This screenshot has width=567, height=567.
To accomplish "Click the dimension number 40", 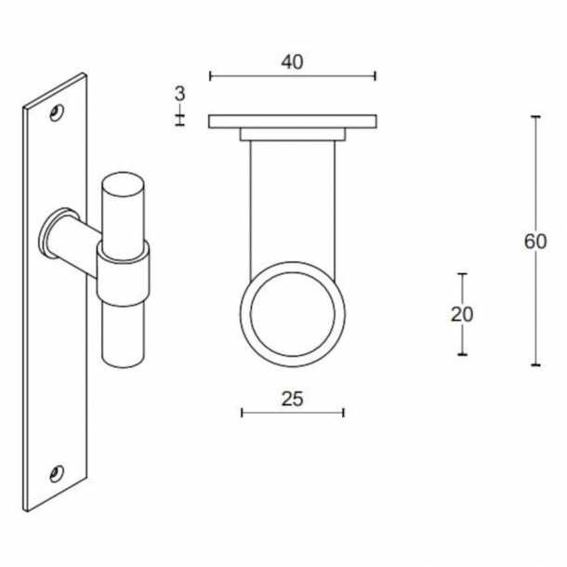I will tap(292, 61).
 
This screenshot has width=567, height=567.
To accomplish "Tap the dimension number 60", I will tap(534, 241).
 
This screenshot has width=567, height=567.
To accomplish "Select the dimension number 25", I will tap(292, 399).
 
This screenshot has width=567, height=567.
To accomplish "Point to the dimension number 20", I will tap(462, 314).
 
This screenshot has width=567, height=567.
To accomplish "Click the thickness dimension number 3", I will tap(179, 93).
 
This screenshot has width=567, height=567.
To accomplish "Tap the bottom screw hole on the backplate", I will tap(58, 473).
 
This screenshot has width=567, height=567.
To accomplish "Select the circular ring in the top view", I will tap(293, 311).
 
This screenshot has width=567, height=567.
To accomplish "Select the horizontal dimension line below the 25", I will tap(292, 412).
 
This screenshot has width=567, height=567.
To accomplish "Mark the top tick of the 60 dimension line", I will tap(534, 117).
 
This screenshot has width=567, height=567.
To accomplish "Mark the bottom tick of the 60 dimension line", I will tap(534, 365).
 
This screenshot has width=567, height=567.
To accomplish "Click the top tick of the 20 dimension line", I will tap(462, 274).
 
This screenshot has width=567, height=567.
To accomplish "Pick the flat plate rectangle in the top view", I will tap(292, 122).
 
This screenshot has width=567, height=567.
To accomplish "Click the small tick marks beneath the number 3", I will tap(179, 117).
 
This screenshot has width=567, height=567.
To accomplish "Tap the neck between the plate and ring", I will tap(292, 200).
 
